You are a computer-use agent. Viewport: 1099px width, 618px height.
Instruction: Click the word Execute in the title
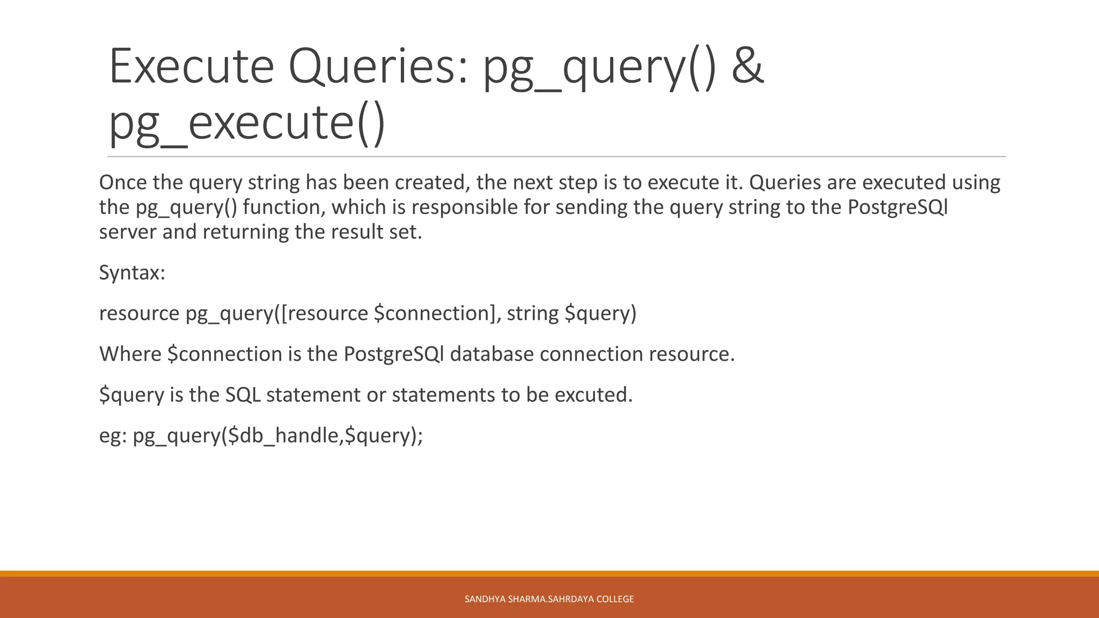tap(192, 67)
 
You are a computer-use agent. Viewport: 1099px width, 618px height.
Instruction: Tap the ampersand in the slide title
tap(747, 67)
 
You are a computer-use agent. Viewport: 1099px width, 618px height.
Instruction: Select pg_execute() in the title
tap(247, 123)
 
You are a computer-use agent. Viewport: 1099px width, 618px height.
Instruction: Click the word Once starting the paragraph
tap(123, 183)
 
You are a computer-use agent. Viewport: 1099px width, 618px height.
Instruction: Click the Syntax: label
tap(132, 273)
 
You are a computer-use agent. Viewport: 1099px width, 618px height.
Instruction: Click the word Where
tap(130, 354)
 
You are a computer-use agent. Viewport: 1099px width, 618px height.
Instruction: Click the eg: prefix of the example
tap(112, 436)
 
